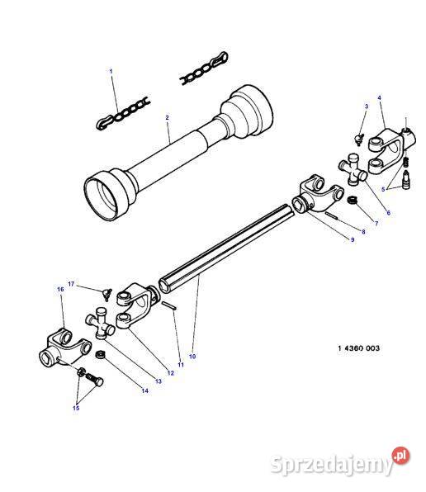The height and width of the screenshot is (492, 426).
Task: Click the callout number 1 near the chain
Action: pos(111,72)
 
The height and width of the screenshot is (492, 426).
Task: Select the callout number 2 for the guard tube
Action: pos(167,118)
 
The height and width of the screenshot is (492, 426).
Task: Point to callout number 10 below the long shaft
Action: pos(192,356)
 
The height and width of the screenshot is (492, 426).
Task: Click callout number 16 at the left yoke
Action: pos(60,290)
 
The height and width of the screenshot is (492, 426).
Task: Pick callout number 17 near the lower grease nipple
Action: pos(71,284)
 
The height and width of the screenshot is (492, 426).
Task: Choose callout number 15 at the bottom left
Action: pos(75,408)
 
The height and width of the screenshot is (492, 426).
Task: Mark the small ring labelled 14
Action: pos(100,356)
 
